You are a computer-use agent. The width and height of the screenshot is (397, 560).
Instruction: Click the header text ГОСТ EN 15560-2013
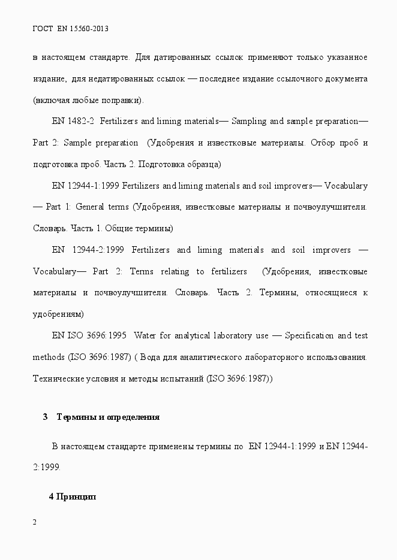[x=70, y=28]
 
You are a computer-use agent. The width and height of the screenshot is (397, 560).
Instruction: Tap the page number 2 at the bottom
[x=35, y=523]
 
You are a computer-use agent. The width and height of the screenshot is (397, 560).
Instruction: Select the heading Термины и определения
[x=108, y=417]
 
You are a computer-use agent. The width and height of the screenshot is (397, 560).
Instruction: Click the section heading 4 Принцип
[x=73, y=497]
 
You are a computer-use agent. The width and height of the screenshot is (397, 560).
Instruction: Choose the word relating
[x=175, y=271]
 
